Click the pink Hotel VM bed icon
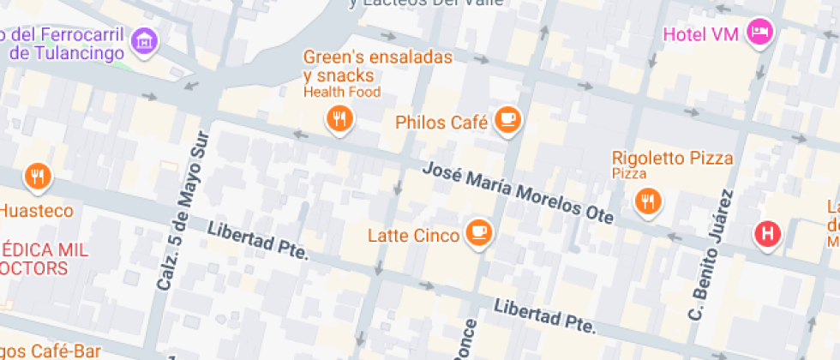click(760, 33)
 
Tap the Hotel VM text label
click(702, 34)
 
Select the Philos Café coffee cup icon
click(507, 119)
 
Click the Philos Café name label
click(441, 123)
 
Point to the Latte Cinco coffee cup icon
click(478, 231)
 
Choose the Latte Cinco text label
click(413, 235)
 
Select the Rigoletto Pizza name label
click(672, 158)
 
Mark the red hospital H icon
click(767, 232)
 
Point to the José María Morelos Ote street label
click(518, 194)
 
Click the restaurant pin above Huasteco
click(37, 177)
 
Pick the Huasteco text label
click(36, 210)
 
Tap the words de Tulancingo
click(68, 53)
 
